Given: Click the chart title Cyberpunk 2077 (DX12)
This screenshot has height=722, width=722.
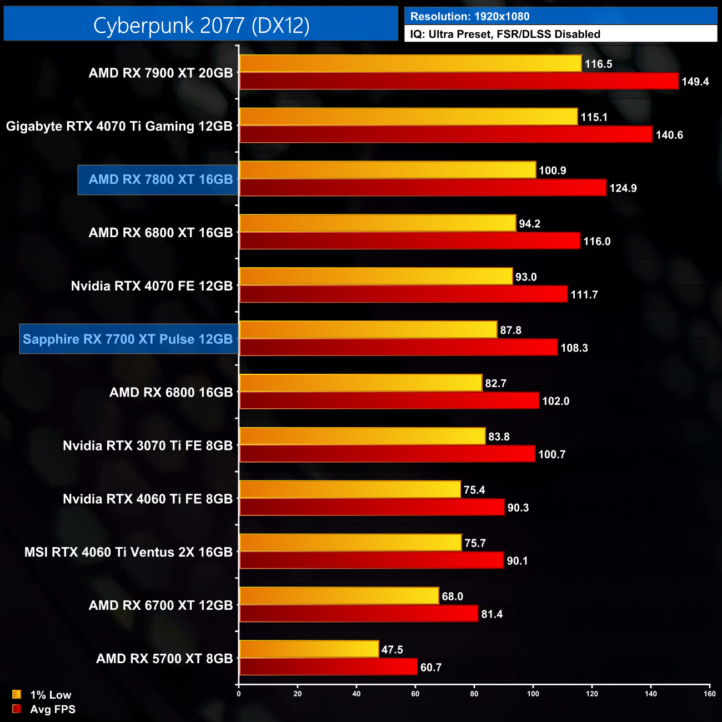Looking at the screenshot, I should tap(201, 25).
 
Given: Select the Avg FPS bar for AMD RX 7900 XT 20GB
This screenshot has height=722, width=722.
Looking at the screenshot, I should tap(459, 81).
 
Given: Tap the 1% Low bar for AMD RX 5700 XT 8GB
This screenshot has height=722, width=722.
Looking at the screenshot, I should tap(309, 649).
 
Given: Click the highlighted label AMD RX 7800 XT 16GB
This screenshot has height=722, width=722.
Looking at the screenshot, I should tap(161, 179).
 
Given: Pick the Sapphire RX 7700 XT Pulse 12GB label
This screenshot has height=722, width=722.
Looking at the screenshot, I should tap(128, 339).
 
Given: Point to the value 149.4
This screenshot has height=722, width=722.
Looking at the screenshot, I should tap(695, 82).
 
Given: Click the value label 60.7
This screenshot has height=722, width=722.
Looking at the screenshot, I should tap(431, 667).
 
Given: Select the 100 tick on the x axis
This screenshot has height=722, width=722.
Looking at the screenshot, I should tap(533, 693).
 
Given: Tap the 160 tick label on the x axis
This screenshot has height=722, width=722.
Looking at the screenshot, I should tap(709, 693).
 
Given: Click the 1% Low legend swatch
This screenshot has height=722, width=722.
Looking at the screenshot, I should tap(17, 694).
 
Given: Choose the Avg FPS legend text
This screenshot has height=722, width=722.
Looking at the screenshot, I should tap(53, 709).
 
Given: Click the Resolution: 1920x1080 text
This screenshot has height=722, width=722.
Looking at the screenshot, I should tap(470, 16).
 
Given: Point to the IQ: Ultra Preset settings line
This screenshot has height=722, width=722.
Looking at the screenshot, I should tap(505, 34).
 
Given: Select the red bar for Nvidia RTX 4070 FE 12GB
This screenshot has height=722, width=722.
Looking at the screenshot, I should tap(403, 294).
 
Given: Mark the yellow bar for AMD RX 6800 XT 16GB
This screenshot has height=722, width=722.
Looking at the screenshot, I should tap(378, 223).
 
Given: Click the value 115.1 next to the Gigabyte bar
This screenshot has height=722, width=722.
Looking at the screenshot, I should tap(594, 117).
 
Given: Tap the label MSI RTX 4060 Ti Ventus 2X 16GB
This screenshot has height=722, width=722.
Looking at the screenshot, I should tap(128, 552).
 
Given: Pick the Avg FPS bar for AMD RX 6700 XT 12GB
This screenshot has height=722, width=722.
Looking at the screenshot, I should tap(359, 614).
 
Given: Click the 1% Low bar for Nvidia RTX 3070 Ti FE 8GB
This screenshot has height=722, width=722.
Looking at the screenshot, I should tap(362, 436).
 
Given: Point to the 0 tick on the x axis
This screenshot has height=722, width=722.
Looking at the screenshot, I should tap(239, 693).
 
